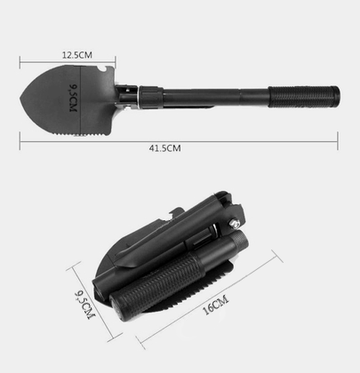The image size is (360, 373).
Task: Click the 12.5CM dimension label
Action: (x=77, y=55)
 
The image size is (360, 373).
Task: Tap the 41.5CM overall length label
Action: (x=164, y=148)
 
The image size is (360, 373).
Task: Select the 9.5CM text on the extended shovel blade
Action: (x=73, y=98)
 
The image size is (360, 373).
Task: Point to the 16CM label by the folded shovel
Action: (x=216, y=305)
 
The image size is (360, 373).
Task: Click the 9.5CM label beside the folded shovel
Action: (x=85, y=306)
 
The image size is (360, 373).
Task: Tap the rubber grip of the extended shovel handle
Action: (x=303, y=97)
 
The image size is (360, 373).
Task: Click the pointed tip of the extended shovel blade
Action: (x=20, y=98)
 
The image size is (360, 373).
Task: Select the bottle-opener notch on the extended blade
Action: (x=103, y=69)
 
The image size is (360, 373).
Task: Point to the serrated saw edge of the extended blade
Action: (x=80, y=135)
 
